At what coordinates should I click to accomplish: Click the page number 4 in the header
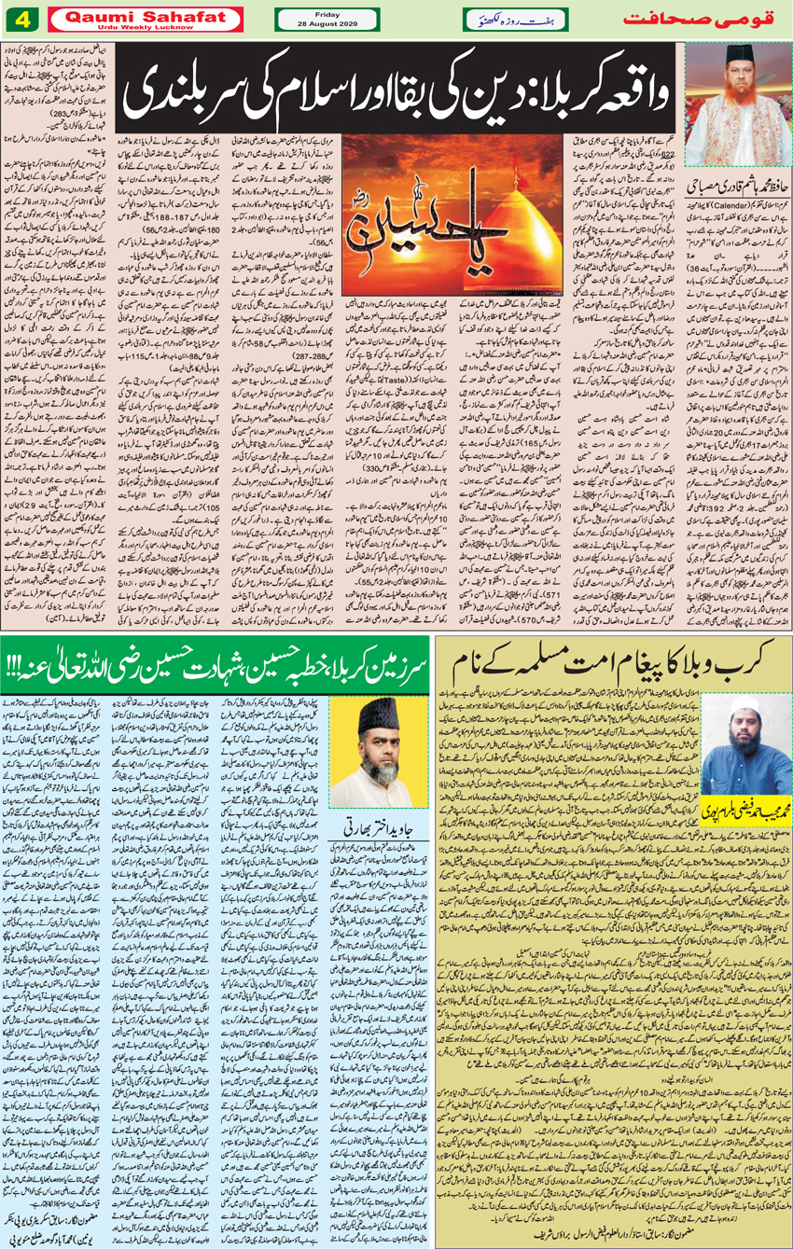point(21,18)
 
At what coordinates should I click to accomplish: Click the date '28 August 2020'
point(327,23)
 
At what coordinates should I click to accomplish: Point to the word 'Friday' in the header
point(327,12)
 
